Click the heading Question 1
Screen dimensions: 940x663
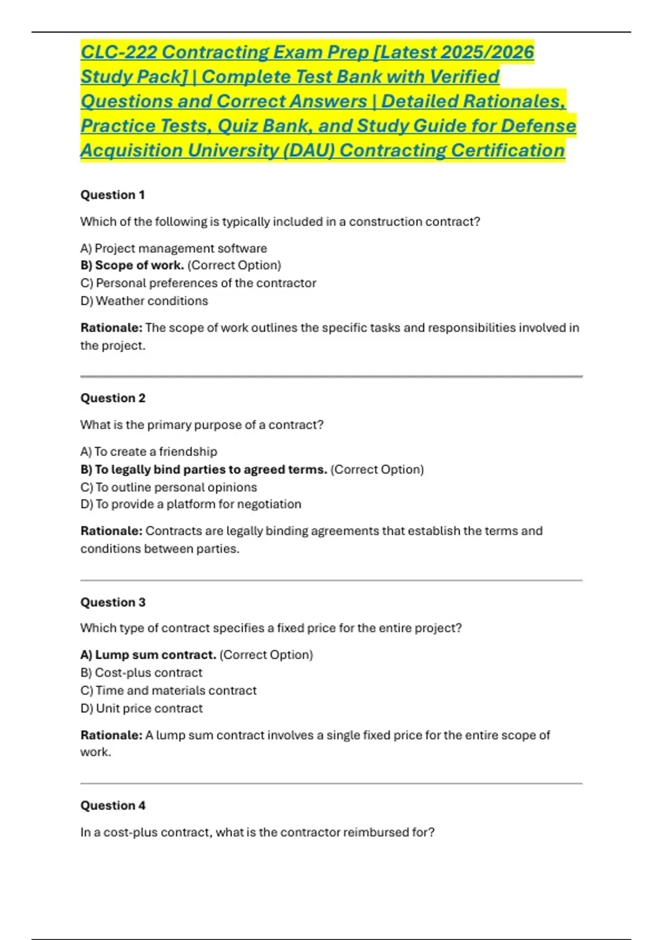pyautogui.click(x=113, y=195)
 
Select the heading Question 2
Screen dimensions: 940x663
pyautogui.click(x=113, y=398)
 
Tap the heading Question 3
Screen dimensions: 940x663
pyautogui.click(x=113, y=602)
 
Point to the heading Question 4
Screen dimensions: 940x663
pyautogui.click(x=113, y=806)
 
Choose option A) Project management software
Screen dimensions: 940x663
pyautogui.click(x=173, y=248)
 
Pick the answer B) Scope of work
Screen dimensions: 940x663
pyautogui.click(x=133, y=265)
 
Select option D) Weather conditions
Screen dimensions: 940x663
pyautogui.click(x=144, y=301)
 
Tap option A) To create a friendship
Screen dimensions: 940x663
pyautogui.click(x=149, y=452)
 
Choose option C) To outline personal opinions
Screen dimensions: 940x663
pyautogui.click(x=169, y=487)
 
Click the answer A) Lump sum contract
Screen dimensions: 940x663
pyautogui.click(x=148, y=655)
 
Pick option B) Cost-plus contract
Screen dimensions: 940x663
pyautogui.click(x=141, y=672)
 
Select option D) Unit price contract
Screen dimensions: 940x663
pyautogui.click(x=141, y=708)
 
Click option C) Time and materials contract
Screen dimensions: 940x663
pyautogui.click(x=169, y=691)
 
